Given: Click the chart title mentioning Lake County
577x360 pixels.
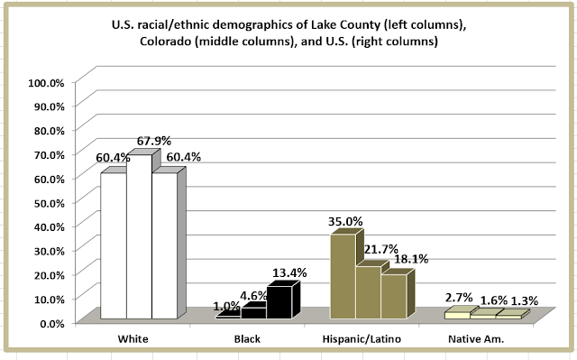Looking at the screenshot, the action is (288, 32).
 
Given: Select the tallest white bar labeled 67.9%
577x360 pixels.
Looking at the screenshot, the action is (140, 236).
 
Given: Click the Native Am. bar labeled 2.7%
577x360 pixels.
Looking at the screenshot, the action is (457, 315).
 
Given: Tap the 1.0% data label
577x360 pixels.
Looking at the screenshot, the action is (226, 306).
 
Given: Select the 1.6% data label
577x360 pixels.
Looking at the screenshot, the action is (494, 300).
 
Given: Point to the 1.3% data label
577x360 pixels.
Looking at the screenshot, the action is (525, 300).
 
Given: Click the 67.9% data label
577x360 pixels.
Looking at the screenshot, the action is (154, 141).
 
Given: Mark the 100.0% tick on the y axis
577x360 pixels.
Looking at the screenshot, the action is (46, 82).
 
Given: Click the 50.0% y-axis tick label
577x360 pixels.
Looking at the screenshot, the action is (50, 203).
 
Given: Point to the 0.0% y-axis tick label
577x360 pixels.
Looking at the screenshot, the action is (52, 324).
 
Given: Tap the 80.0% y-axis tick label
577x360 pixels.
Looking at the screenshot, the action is (50, 131).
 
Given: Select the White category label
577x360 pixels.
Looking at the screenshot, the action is (133, 338).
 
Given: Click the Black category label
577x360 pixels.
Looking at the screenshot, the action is (247, 338).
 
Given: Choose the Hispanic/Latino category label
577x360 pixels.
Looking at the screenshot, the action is (362, 338).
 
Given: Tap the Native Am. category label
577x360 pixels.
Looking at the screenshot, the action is (476, 338).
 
